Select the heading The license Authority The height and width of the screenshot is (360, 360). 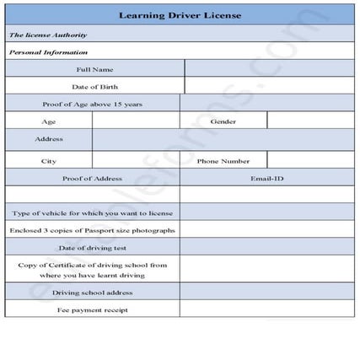coord(48,35)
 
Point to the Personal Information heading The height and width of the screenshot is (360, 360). coord(49,52)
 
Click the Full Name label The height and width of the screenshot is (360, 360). coord(94,69)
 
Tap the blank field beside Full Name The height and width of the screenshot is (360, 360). coord(269,69)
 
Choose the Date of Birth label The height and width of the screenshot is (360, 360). coord(94,87)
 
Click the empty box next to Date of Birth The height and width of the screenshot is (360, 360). coord(269,87)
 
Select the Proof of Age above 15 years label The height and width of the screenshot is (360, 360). coord(92,105)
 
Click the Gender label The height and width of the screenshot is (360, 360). coord(223,121)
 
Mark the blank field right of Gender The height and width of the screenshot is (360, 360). coord(310,121)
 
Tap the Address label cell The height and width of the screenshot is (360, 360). coord(49,139)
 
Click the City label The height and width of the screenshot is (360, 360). coord(49,161)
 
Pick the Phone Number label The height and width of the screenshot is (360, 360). coord(223,161)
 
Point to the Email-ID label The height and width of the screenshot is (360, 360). coord(267,179)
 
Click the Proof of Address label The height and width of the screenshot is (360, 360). coord(92,179)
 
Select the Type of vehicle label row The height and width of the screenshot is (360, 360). coord(92,213)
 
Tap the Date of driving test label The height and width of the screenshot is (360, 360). coord(92,248)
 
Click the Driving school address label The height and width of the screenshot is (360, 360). coord(92,293)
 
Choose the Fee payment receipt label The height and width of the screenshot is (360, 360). coord(92,309)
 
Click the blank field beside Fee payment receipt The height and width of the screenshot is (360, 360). coord(267,309)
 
